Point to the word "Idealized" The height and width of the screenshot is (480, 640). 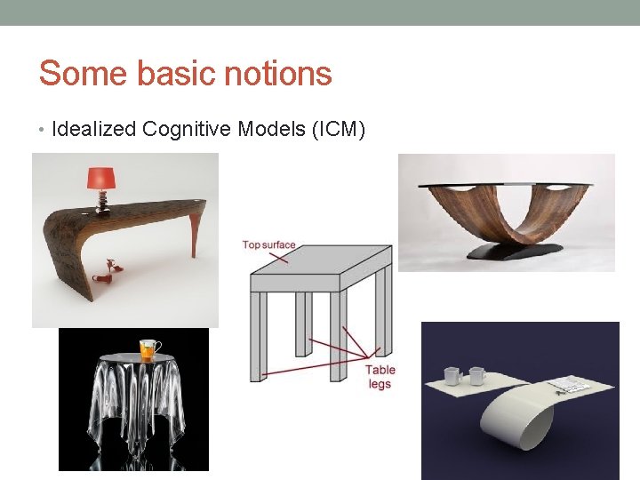coord(94,130)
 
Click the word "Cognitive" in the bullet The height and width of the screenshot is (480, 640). coord(188,130)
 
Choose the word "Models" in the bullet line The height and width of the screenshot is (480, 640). coord(272,130)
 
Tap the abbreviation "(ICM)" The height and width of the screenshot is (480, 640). coord(337,130)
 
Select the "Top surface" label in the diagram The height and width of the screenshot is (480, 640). coord(268,244)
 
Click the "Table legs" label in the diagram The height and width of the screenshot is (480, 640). coord(380,377)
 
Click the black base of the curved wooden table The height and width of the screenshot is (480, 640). coord(506,252)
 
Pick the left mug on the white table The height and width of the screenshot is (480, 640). coord(452,376)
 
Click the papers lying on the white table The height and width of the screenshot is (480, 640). coord(568,386)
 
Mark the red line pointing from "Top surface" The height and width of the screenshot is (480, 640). coord(276,256)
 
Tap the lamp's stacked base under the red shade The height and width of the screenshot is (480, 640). coord(103,199)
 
